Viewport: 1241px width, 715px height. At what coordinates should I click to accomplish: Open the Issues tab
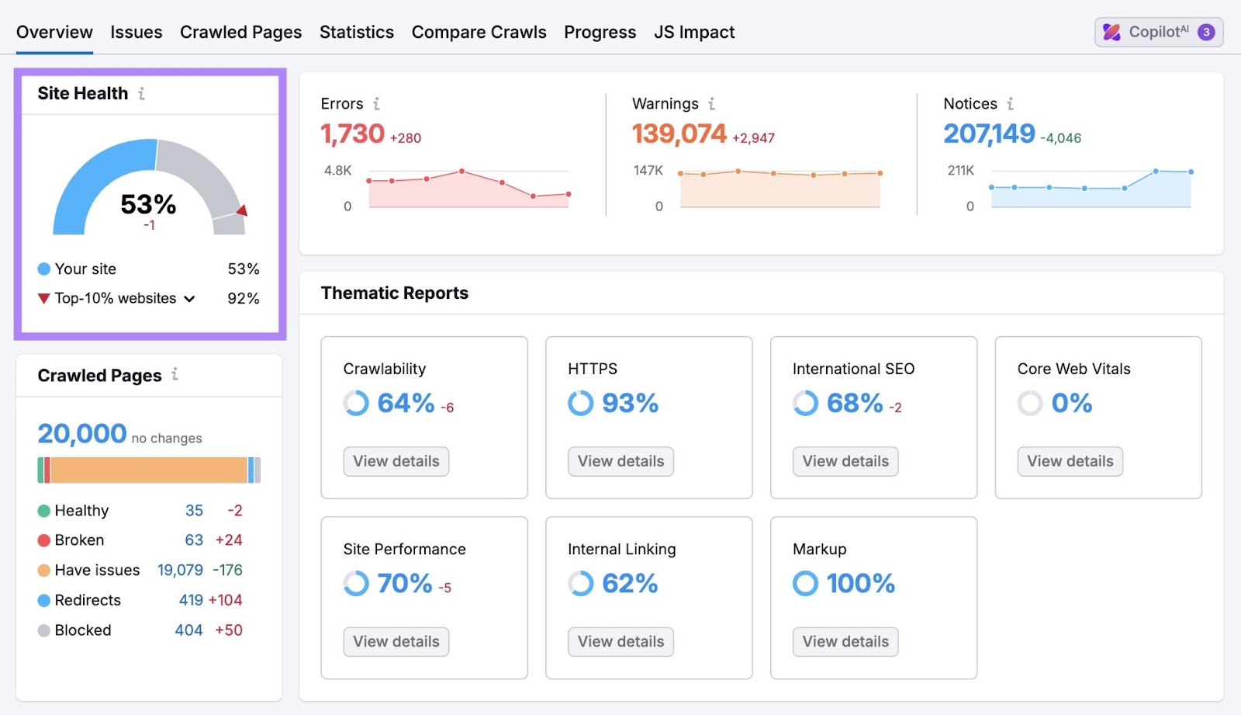[x=136, y=32]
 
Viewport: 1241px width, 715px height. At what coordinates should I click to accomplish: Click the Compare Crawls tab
[x=479, y=32]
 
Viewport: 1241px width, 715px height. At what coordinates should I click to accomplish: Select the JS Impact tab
[x=693, y=32]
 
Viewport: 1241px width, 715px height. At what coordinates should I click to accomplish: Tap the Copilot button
[x=1158, y=32]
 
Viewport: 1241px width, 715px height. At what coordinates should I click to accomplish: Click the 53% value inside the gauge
[x=148, y=204]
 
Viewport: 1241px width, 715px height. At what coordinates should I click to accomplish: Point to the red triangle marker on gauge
[x=242, y=210]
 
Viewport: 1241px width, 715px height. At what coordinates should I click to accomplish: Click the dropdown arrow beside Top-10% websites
[x=189, y=299]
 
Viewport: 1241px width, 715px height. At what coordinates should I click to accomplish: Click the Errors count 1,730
[x=353, y=134]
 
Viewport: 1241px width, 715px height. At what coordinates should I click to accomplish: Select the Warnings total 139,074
[x=679, y=134]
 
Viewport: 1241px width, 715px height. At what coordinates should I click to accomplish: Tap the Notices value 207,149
[x=989, y=134]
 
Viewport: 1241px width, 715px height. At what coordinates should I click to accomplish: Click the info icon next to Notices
[x=1010, y=103]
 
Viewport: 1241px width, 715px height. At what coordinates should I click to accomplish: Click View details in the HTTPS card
[x=620, y=461]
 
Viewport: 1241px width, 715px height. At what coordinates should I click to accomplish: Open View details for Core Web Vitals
[x=1070, y=461]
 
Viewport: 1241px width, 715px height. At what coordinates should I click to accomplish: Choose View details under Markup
[x=845, y=641]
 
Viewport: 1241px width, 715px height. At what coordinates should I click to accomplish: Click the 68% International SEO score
[x=854, y=403]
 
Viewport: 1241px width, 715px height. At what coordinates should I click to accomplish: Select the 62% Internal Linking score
[x=629, y=583]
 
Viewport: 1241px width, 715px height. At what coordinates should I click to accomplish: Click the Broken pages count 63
[x=194, y=540]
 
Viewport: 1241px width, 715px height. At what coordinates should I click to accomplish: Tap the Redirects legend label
[x=88, y=600]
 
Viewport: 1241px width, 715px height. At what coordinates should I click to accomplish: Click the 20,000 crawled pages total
[x=82, y=433]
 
